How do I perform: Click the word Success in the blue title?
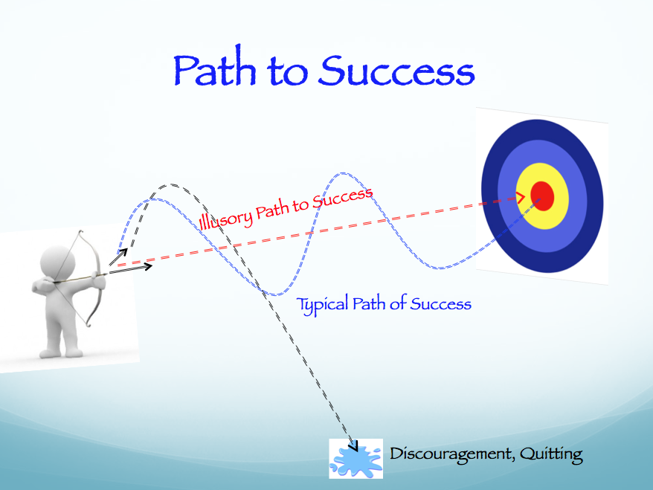coord(396,71)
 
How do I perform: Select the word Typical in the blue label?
coord(322,305)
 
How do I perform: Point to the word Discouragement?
coord(451,454)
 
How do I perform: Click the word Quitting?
coord(551,454)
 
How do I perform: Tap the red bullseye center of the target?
coord(542,196)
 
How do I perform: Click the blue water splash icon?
coord(356,459)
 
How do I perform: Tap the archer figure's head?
coord(58,262)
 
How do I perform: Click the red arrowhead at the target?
coord(521,197)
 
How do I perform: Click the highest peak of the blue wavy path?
coord(342,173)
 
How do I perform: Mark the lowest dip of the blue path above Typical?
coord(275,294)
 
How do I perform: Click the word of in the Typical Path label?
coord(398,303)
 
